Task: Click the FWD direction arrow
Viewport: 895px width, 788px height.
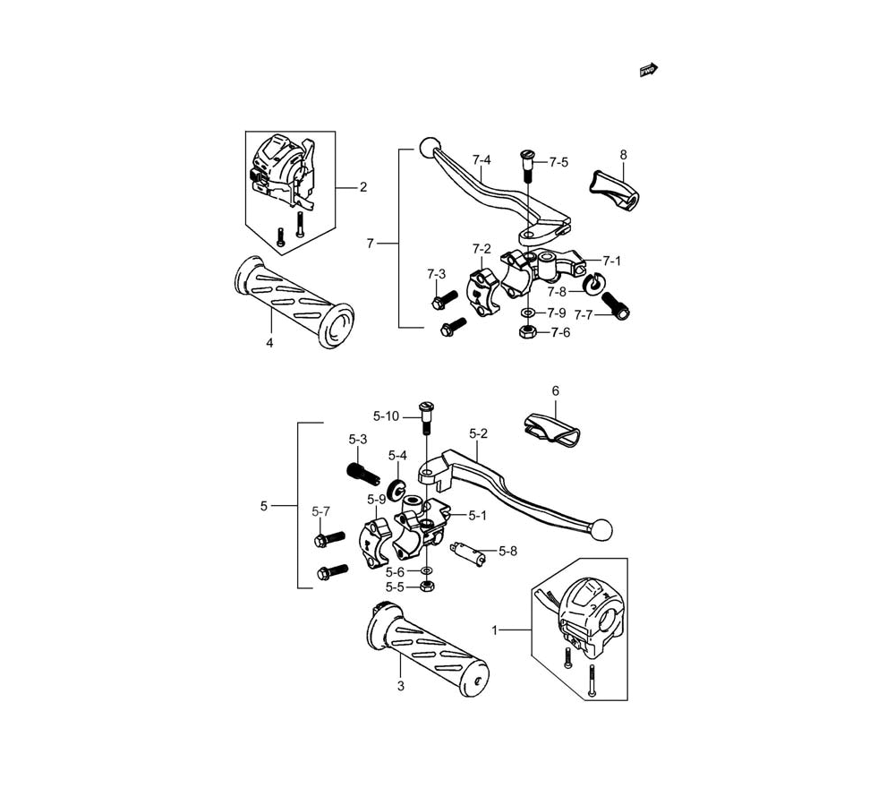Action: click(648, 70)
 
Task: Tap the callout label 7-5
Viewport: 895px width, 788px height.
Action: click(558, 163)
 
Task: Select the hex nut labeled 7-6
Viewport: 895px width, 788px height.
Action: click(526, 331)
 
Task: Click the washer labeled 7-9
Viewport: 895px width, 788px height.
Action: click(528, 313)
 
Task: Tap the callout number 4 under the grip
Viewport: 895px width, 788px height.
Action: click(269, 343)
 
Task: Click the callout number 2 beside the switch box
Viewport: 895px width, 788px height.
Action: click(363, 187)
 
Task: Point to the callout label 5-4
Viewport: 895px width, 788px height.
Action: click(397, 455)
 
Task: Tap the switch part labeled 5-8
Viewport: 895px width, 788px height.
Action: click(468, 552)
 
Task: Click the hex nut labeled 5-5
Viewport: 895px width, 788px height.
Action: click(425, 586)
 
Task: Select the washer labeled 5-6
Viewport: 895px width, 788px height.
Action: click(426, 570)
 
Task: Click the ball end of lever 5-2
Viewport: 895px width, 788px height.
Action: click(602, 529)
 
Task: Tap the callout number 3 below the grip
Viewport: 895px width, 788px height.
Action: click(401, 686)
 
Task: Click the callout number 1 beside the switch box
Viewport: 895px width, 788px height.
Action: click(495, 630)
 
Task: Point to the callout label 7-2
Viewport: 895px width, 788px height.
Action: click(482, 249)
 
